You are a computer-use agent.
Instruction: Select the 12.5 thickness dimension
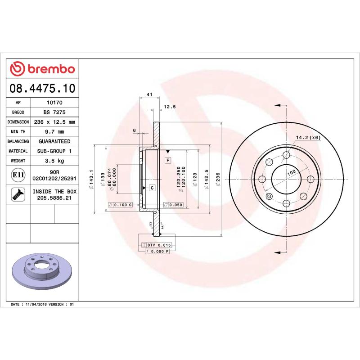pos(169,107)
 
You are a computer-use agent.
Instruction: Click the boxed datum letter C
pos(152,187)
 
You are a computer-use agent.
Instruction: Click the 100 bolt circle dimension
pos(291,173)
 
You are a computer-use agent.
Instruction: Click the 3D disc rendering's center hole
pos(40,266)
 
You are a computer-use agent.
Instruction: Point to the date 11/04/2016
pos(38,305)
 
